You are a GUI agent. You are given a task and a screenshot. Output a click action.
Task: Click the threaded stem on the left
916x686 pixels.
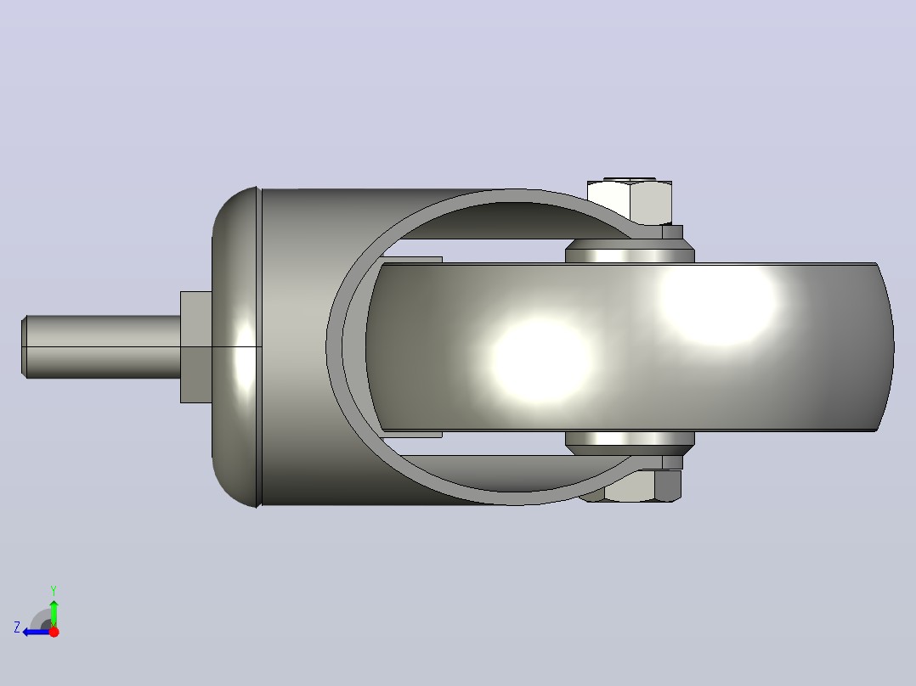click(100, 346)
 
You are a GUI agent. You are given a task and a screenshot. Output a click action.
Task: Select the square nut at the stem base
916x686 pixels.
click(195, 346)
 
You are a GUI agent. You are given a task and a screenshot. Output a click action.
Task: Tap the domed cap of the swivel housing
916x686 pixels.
click(235, 346)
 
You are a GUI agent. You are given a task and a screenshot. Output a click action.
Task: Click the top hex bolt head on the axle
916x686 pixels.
click(630, 201)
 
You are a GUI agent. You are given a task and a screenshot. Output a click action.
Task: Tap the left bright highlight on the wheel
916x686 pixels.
click(540, 360)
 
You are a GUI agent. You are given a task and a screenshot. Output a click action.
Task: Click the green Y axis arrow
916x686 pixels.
click(54, 613)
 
